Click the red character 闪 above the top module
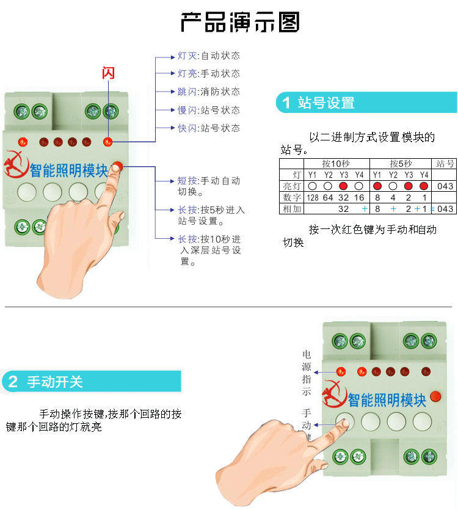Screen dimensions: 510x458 click(x=108, y=73)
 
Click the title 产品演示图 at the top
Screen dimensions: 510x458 click(x=240, y=22)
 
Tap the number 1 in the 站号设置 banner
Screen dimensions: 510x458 click(x=286, y=103)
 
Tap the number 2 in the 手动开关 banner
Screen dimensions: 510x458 click(x=13, y=382)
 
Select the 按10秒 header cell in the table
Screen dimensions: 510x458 click(x=335, y=164)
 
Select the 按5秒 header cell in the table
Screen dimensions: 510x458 click(x=401, y=164)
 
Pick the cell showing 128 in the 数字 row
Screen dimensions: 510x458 click(x=312, y=197)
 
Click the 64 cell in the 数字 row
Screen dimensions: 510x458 click(x=328, y=197)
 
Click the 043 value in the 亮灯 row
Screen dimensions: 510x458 click(x=445, y=186)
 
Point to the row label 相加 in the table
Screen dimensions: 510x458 click(x=292, y=208)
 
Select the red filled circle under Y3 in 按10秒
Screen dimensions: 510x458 click(x=343, y=186)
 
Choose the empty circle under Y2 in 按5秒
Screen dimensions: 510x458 click(x=393, y=186)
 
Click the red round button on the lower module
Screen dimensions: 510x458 click(x=436, y=398)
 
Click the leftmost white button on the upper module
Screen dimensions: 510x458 click(x=26, y=192)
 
